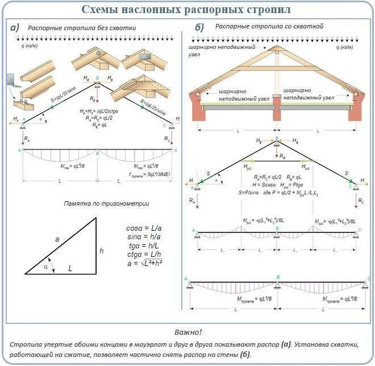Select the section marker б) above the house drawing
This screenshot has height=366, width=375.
(199, 28)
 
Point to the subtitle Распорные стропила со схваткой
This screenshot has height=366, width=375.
(270, 27)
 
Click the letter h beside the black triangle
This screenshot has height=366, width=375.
(102, 250)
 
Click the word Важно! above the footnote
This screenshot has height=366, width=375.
(188, 332)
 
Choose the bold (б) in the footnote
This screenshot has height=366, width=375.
(244, 355)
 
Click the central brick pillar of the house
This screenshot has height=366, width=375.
(276, 107)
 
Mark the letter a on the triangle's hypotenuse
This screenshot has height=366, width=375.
(57, 239)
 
